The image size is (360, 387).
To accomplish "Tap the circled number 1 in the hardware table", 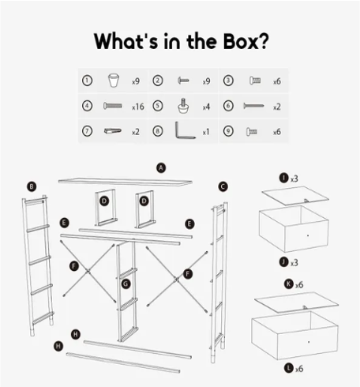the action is (x=87, y=81).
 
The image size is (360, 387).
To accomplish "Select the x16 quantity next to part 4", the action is (x=138, y=107).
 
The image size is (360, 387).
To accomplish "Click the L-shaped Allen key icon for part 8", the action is (x=185, y=130).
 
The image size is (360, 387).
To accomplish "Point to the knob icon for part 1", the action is (x=114, y=81).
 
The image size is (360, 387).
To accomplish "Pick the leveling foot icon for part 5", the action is (x=183, y=106).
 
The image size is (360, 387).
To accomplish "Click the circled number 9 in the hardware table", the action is (x=228, y=131).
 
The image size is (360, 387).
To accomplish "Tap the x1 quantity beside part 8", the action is (x=206, y=132).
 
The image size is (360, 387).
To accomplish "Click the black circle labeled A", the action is (x=161, y=167).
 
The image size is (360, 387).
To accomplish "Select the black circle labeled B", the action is (x=32, y=186).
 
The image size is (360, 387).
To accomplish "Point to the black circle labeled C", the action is (x=223, y=186).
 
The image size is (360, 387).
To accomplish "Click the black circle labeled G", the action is (x=126, y=284).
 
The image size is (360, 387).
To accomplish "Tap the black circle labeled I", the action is (x=283, y=178).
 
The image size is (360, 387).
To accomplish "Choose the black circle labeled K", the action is (x=289, y=284).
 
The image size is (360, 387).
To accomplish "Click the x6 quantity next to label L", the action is (x=299, y=369).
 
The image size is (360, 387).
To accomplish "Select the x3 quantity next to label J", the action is (x=294, y=263).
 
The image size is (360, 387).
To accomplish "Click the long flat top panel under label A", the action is (x=126, y=182).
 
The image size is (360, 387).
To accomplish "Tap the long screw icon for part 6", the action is (x=253, y=106).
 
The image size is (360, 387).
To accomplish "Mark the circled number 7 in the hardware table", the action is (x=87, y=131).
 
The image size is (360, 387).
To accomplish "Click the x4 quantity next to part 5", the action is (x=206, y=107).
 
